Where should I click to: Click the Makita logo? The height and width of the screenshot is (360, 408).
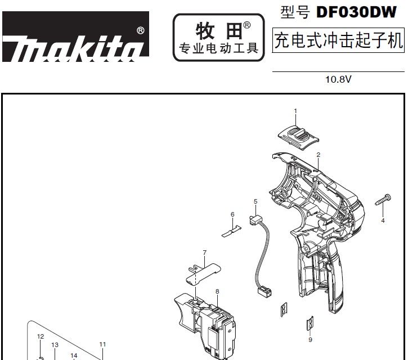click(x=76, y=37)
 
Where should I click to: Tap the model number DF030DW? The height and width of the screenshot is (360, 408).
click(x=356, y=12)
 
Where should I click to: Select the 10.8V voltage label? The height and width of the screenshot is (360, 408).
click(x=338, y=79)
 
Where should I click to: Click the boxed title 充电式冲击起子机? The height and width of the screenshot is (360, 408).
click(x=338, y=40)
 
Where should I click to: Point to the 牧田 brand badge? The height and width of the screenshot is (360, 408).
click(x=218, y=38)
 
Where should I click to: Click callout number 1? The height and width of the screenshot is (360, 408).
click(x=295, y=111)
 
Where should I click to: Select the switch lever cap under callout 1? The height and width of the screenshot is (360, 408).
click(x=298, y=137)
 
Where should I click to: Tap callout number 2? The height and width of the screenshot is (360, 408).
click(x=318, y=155)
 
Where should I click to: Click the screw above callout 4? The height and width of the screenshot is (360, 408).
click(x=383, y=200)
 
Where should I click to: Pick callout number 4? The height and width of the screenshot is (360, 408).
click(x=383, y=220)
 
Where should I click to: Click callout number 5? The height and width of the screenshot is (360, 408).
click(x=255, y=201)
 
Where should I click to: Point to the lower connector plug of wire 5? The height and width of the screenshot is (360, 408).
click(x=264, y=290)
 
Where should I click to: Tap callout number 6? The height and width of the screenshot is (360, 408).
click(x=232, y=214)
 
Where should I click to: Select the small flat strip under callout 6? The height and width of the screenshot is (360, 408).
click(x=232, y=231)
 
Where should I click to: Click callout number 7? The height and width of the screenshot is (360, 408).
click(x=205, y=253)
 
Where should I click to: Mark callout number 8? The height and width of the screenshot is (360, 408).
click(x=217, y=291)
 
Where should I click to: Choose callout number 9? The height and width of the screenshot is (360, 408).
click(x=310, y=339)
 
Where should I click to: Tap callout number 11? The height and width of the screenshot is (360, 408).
click(x=102, y=344)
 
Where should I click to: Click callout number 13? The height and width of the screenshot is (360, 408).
click(x=55, y=345)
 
